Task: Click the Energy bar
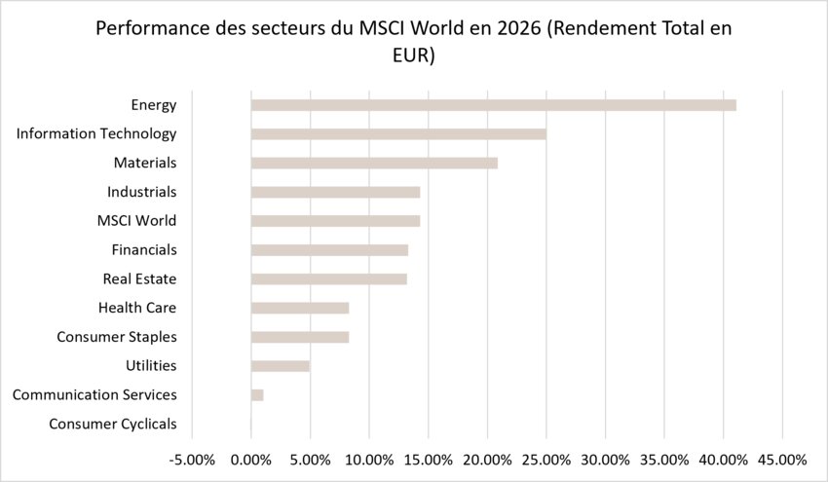click(x=494, y=105)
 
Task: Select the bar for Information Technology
click(x=398, y=134)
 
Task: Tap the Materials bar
click(x=374, y=164)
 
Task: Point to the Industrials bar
click(x=336, y=192)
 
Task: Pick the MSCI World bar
click(x=336, y=221)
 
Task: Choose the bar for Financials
click(x=329, y=250)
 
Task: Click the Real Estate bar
click(x=329, y=279)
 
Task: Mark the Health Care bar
click(x=300, y=309)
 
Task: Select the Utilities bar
click(x=281, y=366)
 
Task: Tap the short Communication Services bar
click(x=257, y=395)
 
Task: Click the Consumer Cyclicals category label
click(x=112, y=424)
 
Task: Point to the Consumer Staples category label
click(x=117, y=337)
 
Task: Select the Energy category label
click(x=154, y=105)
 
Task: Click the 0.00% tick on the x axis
click(x=250, y=461)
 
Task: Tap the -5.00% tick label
click(x=192, y=461)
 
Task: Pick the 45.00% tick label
click(x=782, y=461)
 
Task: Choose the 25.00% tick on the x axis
click(x=546, y=461)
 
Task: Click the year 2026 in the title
click(x=518, y=28)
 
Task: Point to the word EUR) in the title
click(x=413, y=56)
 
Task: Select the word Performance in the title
click(x=153, y=28)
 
